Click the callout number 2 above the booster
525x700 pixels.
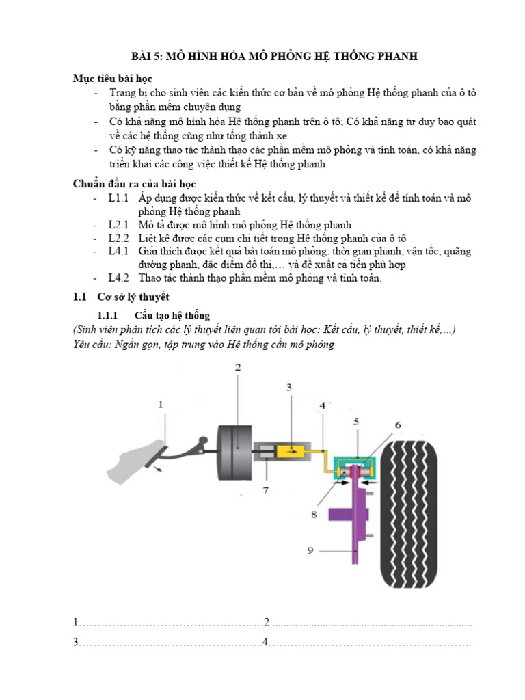tap(238, 367)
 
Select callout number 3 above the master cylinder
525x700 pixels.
tap(288, 388)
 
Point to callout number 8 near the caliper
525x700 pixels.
tap(314, 515)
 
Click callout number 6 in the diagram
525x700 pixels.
tap(398, 425)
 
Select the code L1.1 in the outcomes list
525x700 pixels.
tap(119, 198)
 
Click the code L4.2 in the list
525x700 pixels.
tap(119, 278)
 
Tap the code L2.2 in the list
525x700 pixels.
tap(119, 238)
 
